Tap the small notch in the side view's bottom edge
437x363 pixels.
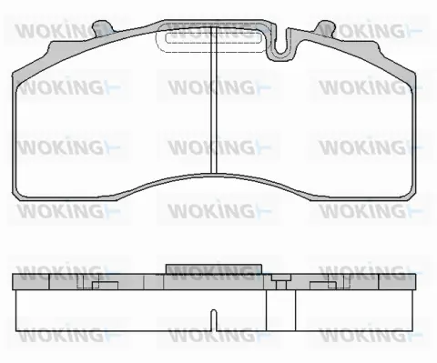coord(212,321)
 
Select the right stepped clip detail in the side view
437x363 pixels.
coord(323,285)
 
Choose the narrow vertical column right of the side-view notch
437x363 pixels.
coord(293,309)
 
